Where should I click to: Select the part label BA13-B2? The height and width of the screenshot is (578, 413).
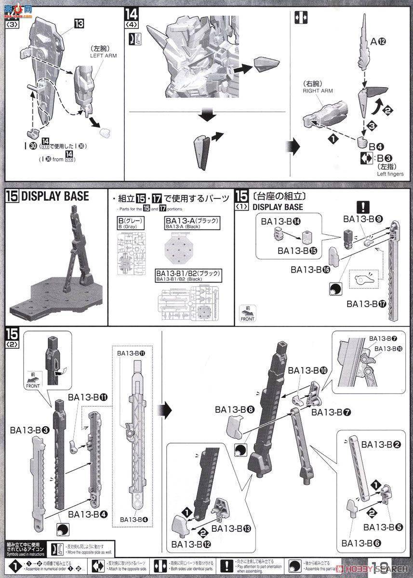381,444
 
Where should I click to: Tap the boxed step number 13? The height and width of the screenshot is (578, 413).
79,23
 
